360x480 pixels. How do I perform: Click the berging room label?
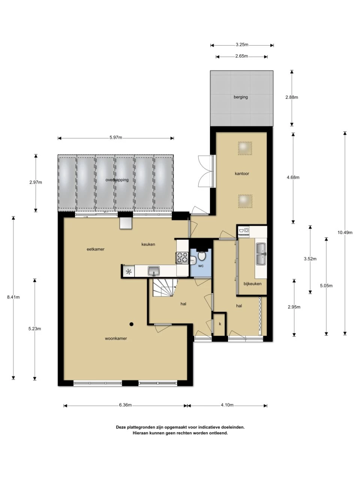(241, 97)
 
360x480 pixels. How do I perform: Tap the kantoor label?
(242, 174)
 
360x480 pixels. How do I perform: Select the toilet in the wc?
(202, 256)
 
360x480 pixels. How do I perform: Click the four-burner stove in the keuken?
(182, 258)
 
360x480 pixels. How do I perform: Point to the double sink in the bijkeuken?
(261, 254)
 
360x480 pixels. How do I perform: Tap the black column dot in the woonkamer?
(132, 324)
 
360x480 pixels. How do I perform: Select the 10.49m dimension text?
(345, 232)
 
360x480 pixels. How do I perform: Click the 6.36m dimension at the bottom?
(125, 405)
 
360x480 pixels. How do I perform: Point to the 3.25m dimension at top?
(242, 45)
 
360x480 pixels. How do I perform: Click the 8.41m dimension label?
(13, 297)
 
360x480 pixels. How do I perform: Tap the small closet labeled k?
(220, 324)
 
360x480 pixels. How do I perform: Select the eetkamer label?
(96, 249)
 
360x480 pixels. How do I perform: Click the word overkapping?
(117, 180)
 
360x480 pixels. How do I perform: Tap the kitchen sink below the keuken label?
(154, 270)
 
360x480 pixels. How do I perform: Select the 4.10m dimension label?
(227, 405)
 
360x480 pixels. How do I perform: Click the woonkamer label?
(116, 338)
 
